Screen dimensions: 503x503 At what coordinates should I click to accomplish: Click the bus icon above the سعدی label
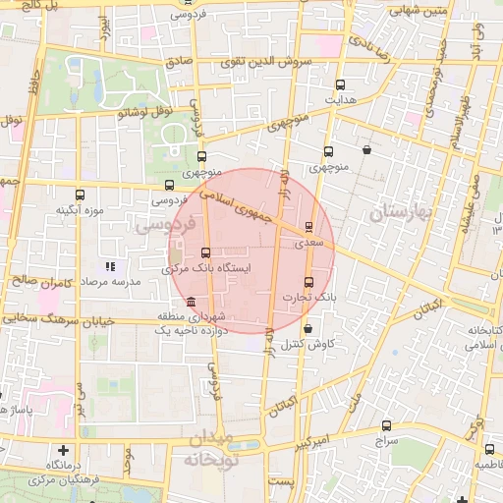pyautogui.click(x=309, y=227)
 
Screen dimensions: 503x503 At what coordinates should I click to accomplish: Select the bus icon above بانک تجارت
pyautogui.click(x=309, y=283)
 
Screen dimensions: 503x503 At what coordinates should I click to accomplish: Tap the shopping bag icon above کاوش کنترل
pyautogui.click(x=309, y=329)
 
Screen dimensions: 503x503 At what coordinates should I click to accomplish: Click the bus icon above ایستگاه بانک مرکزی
pyautogui.click(x=205, y=253)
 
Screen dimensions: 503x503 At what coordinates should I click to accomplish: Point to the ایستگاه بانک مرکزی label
pyautogui.click(x=204, y=267)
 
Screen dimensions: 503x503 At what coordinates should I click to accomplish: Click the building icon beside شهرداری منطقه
pyautogui.click(x=189, y=302)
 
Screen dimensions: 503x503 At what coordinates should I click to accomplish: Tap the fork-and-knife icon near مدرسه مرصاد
pyautogui.click(x=111, y=266)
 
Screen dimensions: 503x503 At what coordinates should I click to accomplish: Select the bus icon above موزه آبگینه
pyautogui.click(x=80, y=195)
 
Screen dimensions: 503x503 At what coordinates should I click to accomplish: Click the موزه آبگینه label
pyautogui.click(x=80, y=209)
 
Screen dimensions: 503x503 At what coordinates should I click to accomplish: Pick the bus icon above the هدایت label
pyautogui.click(x=340, y=84)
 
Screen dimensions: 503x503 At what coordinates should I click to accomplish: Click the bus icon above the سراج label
pyautogui.click(x=386, y=426)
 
